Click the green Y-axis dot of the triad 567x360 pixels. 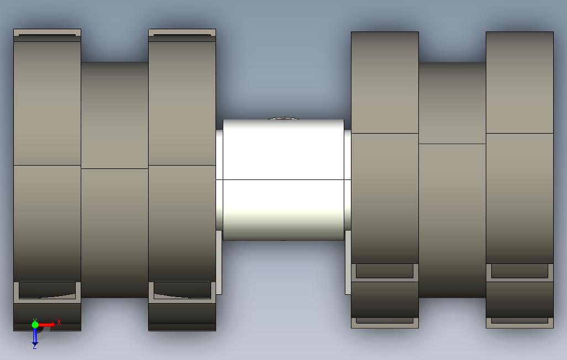coord(35,325)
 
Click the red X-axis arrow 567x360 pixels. coord(46,325)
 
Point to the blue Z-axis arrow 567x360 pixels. coord(35,336)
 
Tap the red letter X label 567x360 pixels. coord(59,322)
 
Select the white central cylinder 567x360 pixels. coord(283,179)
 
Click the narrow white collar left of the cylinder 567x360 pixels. coord(219,179)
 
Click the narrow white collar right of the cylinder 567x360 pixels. coord(347,179)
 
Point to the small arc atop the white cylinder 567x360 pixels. coord(283,118)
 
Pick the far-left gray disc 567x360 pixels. coord(47,179)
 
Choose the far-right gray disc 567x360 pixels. coord(519,179)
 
